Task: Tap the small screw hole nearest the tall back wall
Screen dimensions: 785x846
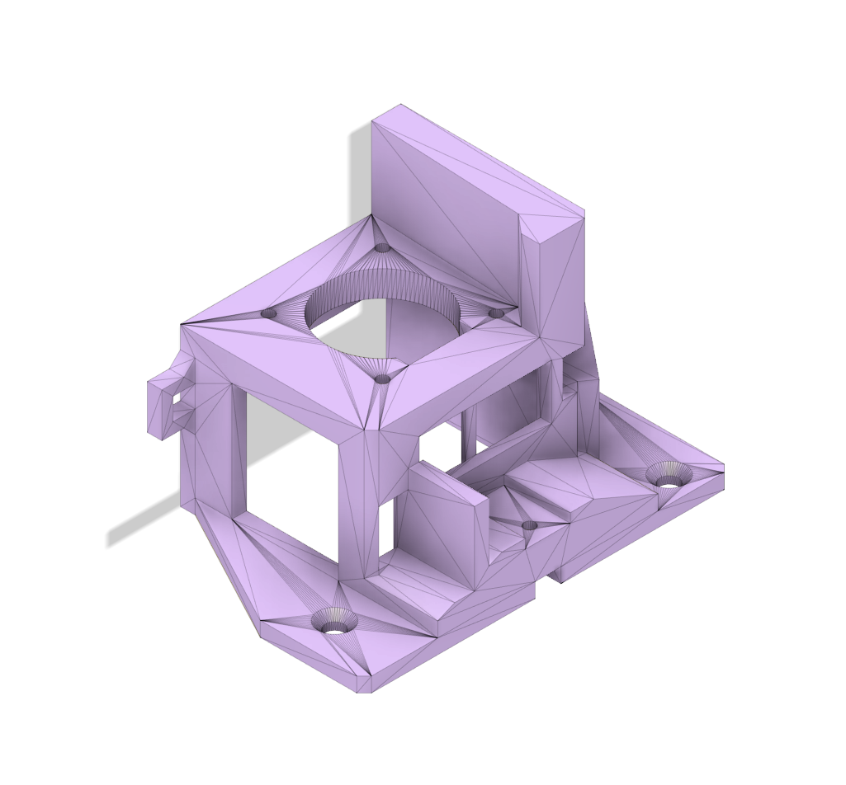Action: [x=382, y=247]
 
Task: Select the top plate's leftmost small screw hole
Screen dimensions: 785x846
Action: [x=268, y=313]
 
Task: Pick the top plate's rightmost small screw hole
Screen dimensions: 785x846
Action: [x=496, y=313]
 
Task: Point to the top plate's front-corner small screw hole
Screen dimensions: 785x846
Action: [x=382, y=379]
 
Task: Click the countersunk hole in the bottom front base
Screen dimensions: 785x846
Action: [x=334, y=623]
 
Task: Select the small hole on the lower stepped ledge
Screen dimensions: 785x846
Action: [x=529, y=525]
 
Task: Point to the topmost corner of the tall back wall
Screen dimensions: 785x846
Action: [x=401, y=105]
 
